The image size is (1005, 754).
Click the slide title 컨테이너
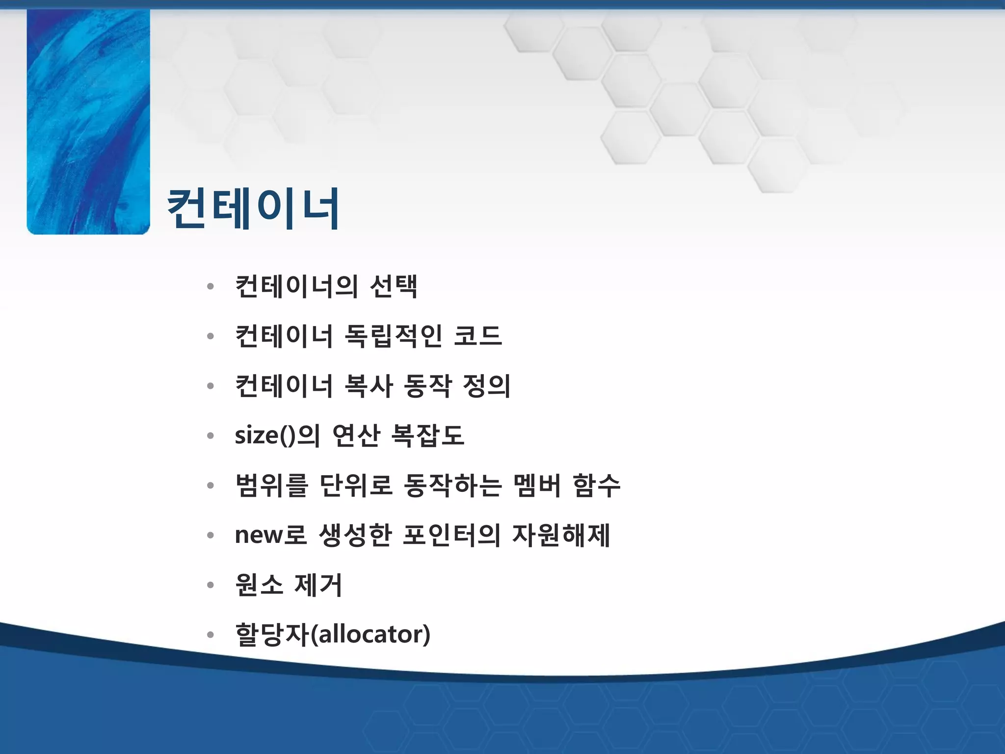point(253,209)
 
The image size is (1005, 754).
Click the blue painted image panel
point(88,122)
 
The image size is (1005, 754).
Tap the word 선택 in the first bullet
point(394,286)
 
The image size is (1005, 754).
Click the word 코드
point(477,336)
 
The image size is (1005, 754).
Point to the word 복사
point(369,386)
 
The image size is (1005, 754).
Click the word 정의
point(486,386)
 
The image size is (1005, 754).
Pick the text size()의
point(277,435)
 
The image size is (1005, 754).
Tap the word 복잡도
point(427,435)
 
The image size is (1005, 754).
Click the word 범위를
point(271,485)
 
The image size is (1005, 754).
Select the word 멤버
point(537,485)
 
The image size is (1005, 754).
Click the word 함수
point(596,485)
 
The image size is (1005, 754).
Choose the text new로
point(270,535)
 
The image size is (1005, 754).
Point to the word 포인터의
point(451,535)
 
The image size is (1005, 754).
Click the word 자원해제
point(561,535)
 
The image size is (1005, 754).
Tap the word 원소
point(259,585)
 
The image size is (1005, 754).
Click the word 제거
point(318,585)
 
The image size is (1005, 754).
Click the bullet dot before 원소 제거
point(211,585)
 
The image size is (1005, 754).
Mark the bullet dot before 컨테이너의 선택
point(211,287)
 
